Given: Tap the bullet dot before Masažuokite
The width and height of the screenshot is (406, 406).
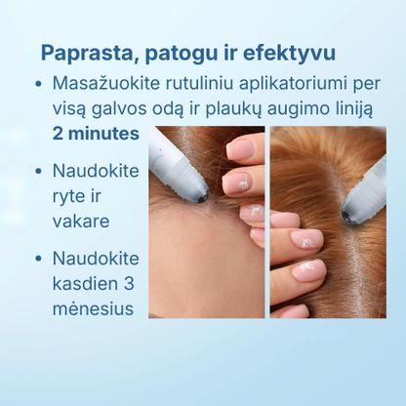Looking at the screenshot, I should (37, 85).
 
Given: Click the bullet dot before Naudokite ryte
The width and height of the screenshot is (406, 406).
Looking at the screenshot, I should (37, 171).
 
